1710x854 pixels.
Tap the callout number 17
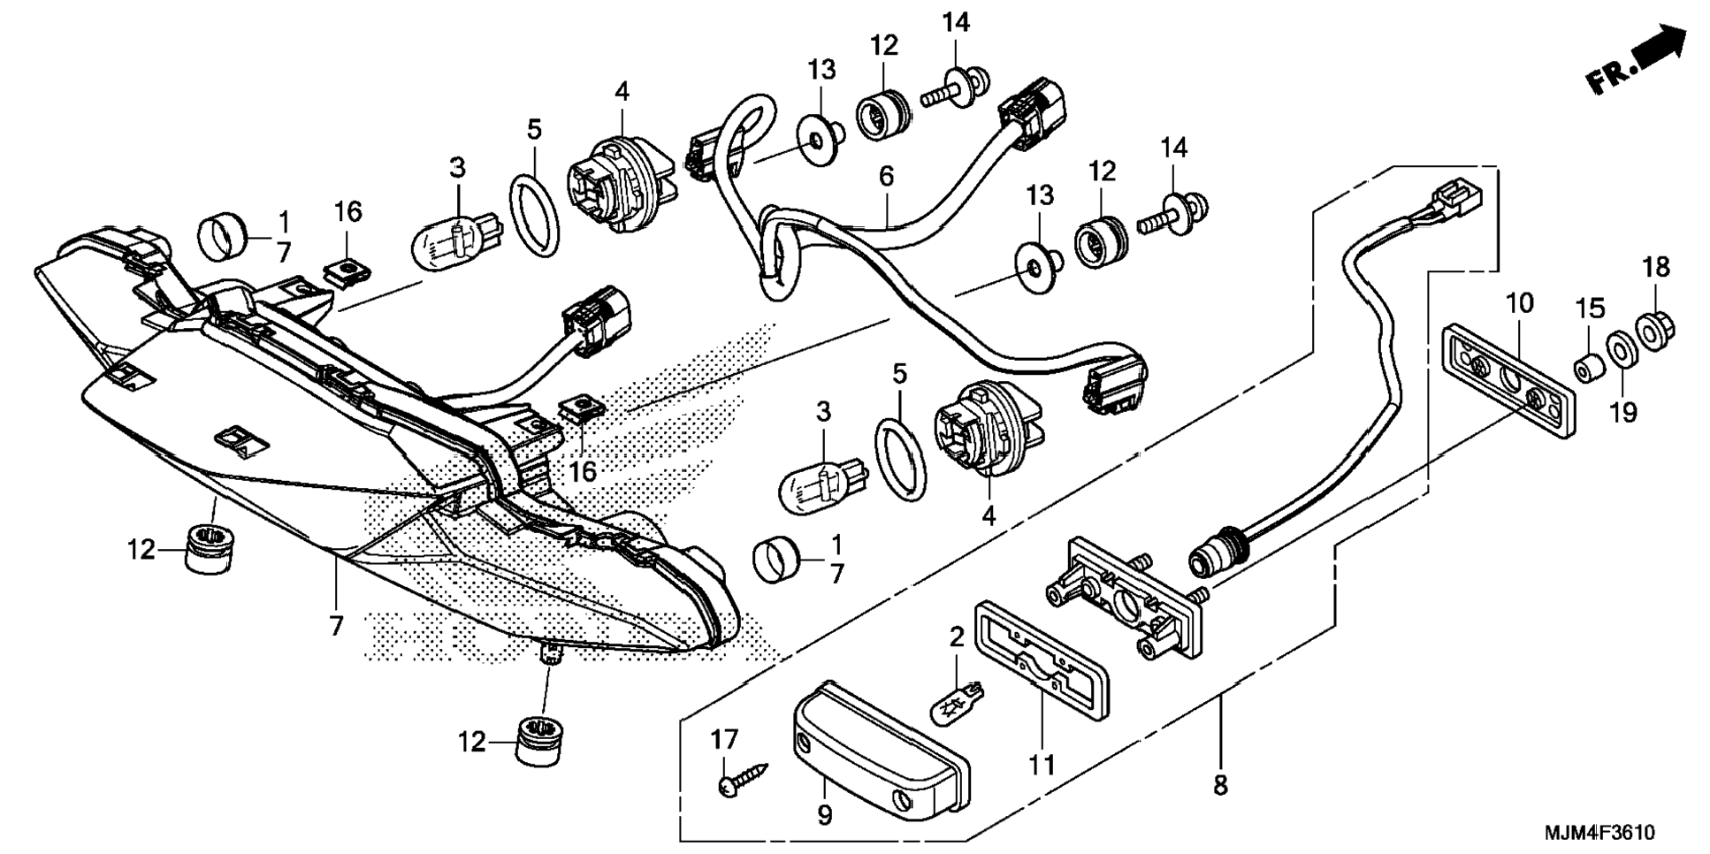tap(724, 740)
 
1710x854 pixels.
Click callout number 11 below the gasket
tap(1042, 765)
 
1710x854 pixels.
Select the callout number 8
tap(1220, 784)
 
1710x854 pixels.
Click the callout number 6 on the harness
tap(886, 176)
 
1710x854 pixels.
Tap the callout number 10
tap(1520, 303)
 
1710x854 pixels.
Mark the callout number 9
tap(824, 814)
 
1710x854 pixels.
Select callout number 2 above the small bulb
tap(956, 636)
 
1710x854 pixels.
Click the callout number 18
tap(1656, 266)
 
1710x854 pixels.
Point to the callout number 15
tap(1590, 309)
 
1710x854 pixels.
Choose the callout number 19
tap(1623, 412)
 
